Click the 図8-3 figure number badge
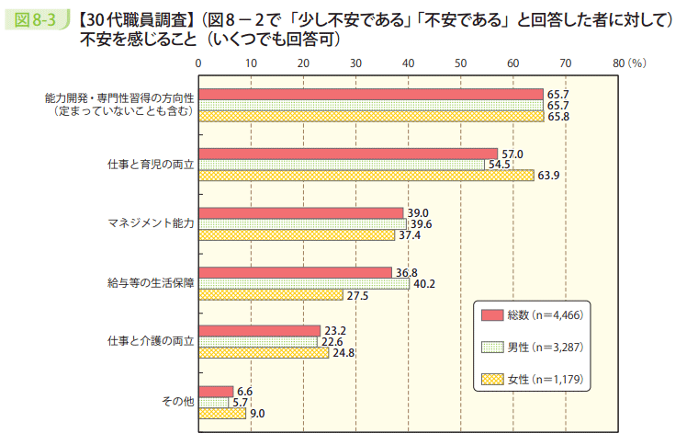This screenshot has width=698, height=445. tap(35, 17)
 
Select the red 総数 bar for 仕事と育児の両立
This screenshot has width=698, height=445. tap(348, 154)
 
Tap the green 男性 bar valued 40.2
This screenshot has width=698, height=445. tap(304, 283)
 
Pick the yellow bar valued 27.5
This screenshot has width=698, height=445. tap(271, 295)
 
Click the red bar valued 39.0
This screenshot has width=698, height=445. tap(301, 212)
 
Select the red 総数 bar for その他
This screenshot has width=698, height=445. tap(216, 391)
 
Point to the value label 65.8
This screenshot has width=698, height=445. tap(558, 117)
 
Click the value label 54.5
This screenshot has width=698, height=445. tap(500, 165)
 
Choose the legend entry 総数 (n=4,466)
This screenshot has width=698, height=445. tap(533, 315)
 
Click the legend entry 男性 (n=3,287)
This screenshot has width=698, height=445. tap(533, 347)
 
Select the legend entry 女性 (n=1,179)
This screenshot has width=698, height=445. tap(533, 379)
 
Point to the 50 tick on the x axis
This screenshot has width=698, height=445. tap(460, 63)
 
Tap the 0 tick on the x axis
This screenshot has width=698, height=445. tap(198, 63)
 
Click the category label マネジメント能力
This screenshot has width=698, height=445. tap(152, 223)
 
